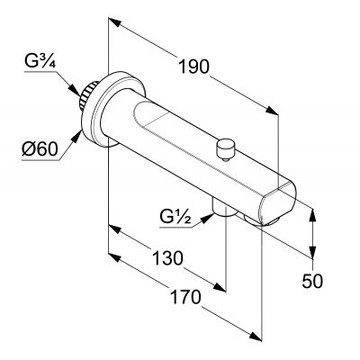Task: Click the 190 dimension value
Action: [193, 67]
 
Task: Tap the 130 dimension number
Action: [167, 258]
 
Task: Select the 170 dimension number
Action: [185, 297]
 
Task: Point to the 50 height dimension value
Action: [312, 281]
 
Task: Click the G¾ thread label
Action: [40, 62]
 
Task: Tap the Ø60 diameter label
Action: [40, 149]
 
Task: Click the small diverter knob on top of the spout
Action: [226, 149]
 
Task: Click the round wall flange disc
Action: [113, 110]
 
